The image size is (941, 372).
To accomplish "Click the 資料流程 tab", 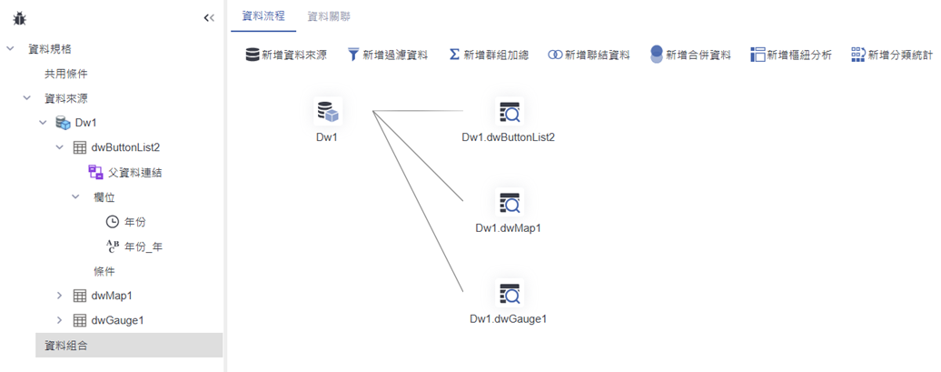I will (x=257, y=16).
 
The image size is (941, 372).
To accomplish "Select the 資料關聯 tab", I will (x=329, y=16).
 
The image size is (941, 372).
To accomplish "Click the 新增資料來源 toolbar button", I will (x=286, y=55).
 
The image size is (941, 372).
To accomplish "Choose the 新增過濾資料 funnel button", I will (x=387, y=55).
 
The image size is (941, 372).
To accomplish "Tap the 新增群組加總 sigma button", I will (x=489, y=55).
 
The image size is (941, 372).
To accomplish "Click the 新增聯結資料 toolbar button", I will (x=589, y=55).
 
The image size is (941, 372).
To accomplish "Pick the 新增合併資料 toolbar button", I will (x=690, y=55).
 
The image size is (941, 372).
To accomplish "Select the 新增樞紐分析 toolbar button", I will (x=790, y=55).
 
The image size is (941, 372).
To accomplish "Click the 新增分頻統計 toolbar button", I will (x=891, y=55).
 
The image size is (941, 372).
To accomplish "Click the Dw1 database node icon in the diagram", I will (x=328, y=112).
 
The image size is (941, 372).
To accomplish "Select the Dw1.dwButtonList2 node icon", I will (x=509, y=112).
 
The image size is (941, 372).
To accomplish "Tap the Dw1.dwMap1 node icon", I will (x=509, y=203).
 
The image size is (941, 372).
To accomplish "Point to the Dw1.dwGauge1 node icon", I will (x=509, y=294).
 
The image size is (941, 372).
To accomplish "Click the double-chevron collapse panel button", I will (x=208, y=17).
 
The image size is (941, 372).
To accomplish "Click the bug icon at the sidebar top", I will (x=20, y=17).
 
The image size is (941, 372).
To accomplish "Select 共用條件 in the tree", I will (x=66, y=74).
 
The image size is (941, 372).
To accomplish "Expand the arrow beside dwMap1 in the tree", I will (x=60, y=296).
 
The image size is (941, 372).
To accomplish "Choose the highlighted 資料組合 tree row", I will (x=66, y=345).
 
